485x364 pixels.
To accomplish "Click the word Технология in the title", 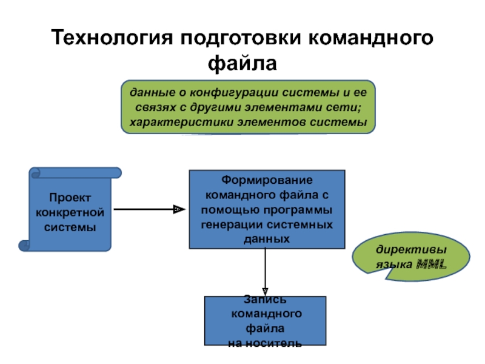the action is (x=112, y=38).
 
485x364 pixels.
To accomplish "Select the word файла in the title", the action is (x=242, y=64).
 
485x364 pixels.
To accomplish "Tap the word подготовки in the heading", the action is (x=241, y=38).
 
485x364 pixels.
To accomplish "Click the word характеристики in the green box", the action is (x=181, y=123).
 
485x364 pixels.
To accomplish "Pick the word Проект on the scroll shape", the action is (x=70, y=198).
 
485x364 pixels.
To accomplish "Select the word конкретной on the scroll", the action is (x=70, y=213).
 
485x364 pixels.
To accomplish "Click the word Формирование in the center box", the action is (x=267, y=180).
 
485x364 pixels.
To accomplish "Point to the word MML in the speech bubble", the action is (x=432, y=264).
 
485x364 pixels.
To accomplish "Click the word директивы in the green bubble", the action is (x=411, y=249).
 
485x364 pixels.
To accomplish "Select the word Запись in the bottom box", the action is (x=265, y=299).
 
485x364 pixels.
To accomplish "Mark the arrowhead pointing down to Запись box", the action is (x=265, y=292).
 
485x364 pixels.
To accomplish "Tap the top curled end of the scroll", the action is (x=35, y=173).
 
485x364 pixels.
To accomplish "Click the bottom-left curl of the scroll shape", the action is (x=24, y=246).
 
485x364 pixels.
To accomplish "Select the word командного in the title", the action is (x=371, y=38).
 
